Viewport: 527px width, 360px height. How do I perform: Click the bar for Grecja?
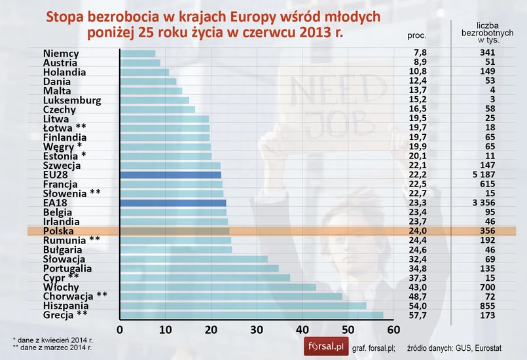point(251,315)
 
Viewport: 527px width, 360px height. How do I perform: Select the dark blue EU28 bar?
point(171,175)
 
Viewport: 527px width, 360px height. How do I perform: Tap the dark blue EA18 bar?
point(173,203)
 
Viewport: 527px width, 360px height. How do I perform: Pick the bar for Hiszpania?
point(243,306)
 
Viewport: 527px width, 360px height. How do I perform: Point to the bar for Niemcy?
point(138,54)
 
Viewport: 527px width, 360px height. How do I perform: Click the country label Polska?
point(58,231)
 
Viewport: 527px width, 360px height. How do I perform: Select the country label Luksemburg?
point(71,100)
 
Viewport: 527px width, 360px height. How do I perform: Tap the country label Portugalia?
point(67,268)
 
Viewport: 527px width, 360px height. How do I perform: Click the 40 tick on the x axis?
point(302,329)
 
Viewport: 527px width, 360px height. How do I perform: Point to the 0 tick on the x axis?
point(120,329)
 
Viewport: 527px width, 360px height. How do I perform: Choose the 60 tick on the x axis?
point(393,329)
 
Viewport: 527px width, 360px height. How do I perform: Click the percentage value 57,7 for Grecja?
point(417,315)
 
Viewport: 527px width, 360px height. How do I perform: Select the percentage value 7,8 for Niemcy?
point(417,54)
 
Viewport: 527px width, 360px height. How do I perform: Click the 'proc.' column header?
point(417,36)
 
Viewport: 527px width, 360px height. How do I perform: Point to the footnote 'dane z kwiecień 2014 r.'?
point(54,340)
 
